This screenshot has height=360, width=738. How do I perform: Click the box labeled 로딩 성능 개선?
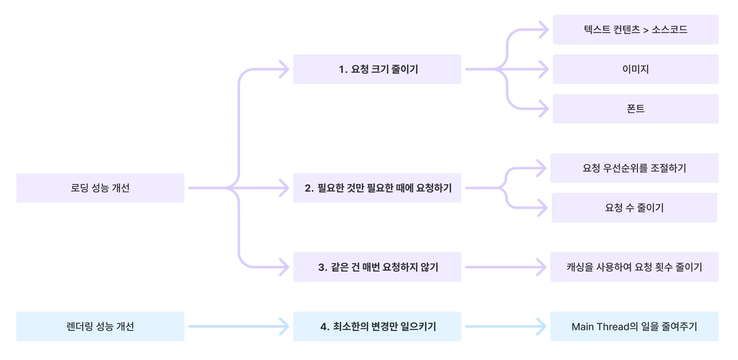tap(100, 188)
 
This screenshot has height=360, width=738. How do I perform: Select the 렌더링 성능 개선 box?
tap(100, 326)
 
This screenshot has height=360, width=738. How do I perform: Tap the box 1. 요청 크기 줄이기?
tap(377, 69)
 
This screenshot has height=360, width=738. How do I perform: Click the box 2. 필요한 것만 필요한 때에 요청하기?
tap(377, 188)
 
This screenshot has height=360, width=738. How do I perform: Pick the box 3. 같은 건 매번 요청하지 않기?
tap(377, 267)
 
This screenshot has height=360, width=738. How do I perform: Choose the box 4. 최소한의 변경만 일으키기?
tap(377, 326)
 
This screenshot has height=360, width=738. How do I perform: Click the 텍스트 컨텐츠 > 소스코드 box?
tap(635, 30)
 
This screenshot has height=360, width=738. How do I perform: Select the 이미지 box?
tap(635, 69)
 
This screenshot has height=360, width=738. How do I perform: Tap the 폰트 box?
tap(635, 108)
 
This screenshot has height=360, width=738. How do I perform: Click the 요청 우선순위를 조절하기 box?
tap(634, 168)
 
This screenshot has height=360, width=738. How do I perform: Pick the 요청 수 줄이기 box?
tap(634, 207)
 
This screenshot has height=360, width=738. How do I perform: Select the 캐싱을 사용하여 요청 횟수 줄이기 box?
tap(634, 267)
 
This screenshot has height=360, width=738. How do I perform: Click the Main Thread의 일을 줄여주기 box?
tap(634, 326)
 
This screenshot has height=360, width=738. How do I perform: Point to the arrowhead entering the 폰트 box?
tap(545, 109)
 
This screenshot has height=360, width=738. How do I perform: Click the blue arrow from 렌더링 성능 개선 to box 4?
tap(237, 326)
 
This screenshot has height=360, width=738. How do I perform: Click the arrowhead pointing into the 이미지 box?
tap(545, 69)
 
